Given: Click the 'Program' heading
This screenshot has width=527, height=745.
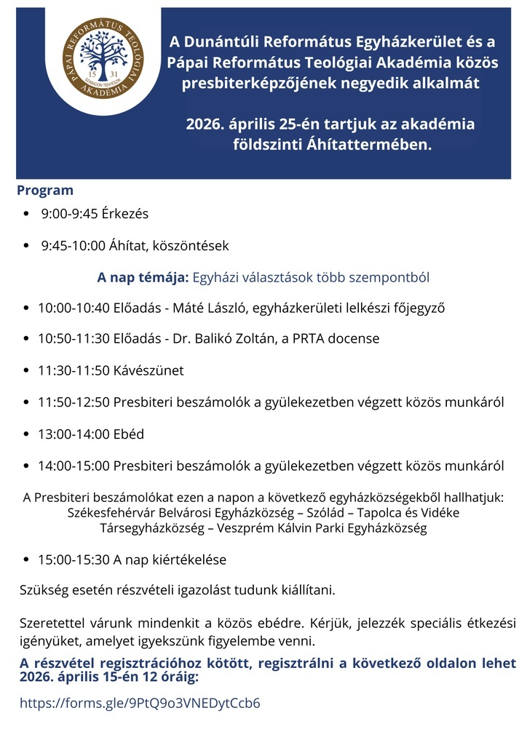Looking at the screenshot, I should point(45,191).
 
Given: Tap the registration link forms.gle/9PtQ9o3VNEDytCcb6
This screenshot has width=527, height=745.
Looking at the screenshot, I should point(140,703).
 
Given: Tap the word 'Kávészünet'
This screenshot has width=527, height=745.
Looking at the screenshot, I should point(148,370).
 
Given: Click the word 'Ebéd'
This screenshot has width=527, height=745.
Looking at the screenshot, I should point(129,434).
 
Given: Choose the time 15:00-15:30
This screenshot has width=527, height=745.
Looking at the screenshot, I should point(74,560).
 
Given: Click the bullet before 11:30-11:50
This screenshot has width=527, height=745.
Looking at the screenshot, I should point(27,371).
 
